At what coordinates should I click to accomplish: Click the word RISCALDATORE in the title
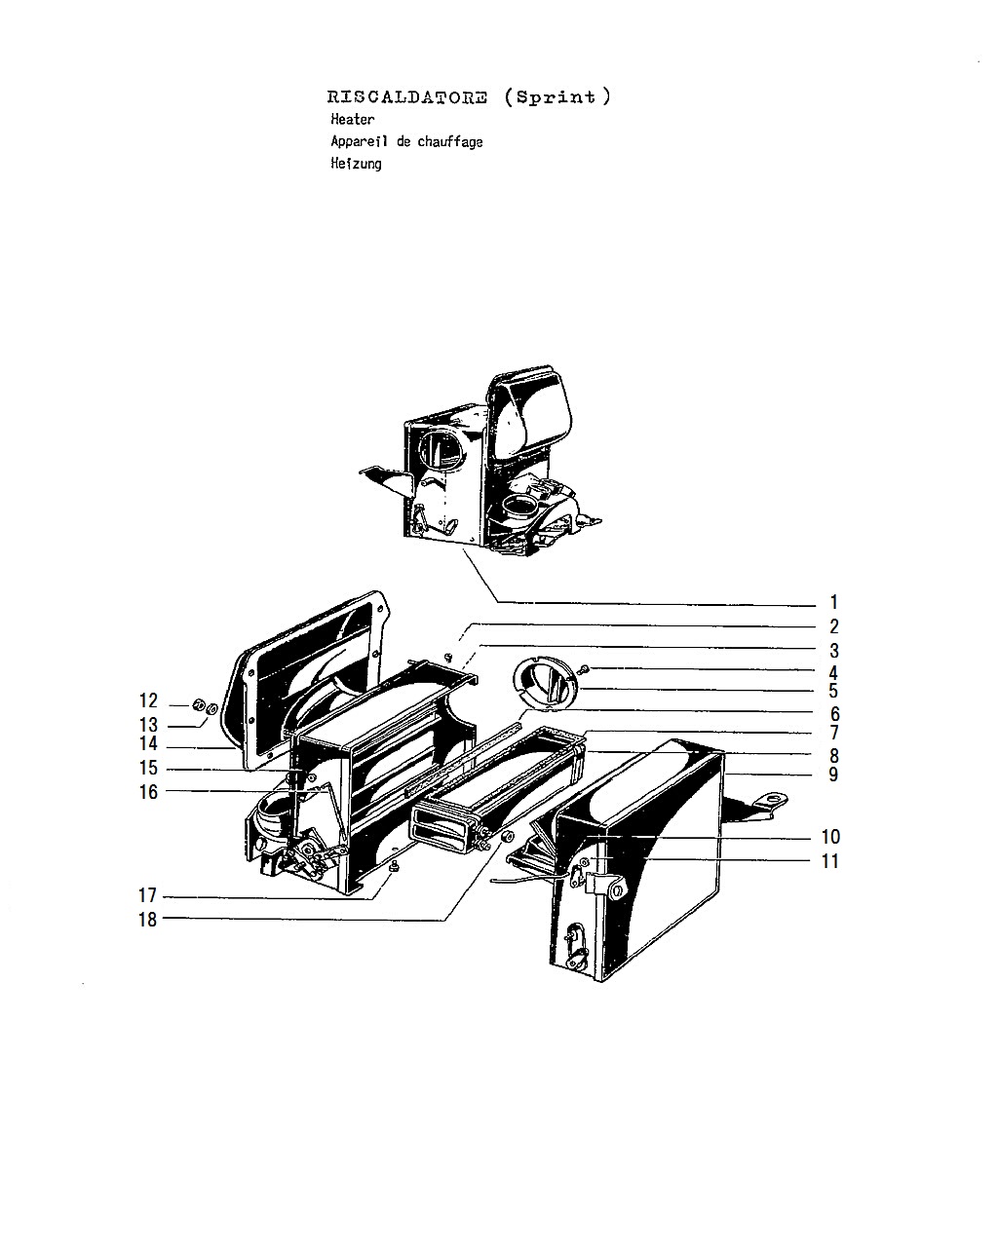tap(406, 96)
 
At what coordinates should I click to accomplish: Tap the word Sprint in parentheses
tap(556, 96)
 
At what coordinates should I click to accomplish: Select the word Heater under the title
tap(353, 120)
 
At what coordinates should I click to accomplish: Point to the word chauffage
tap(450, 141)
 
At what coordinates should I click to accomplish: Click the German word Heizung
tap(356, 164)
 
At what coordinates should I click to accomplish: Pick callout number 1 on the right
tap(834, 603)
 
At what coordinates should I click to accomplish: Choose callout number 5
tap(833, 691)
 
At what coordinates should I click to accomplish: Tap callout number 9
tap(833, 775)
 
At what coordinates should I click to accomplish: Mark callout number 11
tap(830, 861)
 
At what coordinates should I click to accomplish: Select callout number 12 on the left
tap(148, 700)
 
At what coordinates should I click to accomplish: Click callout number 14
tap(148, 743)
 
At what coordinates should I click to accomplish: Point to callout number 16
tap(148, 791)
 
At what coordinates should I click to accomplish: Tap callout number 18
tap(148, 920)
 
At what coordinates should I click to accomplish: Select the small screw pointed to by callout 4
tap(584, 670)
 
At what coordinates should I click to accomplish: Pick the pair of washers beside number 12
tap(205, 707)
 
